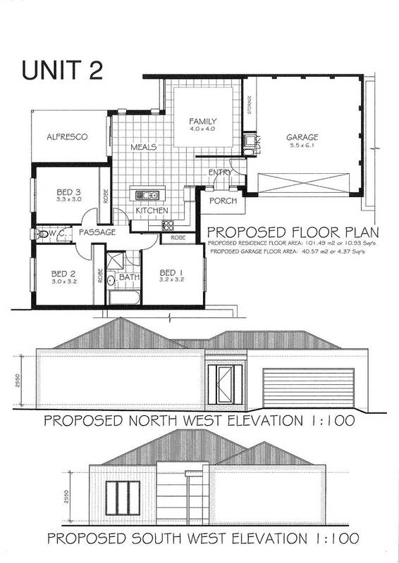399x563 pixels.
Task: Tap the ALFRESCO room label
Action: tap(67, 137)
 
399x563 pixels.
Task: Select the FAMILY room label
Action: tap(202, 121)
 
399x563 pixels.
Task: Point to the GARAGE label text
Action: tap(302, 137)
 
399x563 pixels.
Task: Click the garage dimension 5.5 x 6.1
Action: tap(302, 146)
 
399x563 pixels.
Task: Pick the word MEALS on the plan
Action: tap(143, 148)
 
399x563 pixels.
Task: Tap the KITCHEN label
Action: tap(152, 210)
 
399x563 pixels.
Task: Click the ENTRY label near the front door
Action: tap(220, 172)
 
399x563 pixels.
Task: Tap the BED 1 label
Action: tap(172, 273)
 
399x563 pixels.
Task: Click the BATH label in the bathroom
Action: tap(129, 277)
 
